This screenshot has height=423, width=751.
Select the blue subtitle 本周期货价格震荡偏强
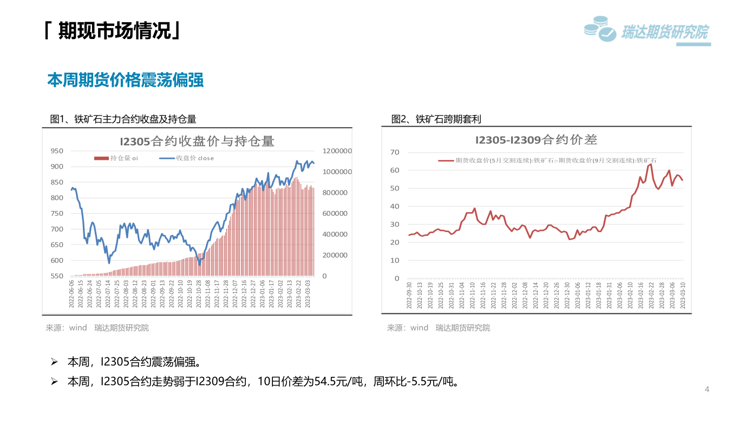point(126,80)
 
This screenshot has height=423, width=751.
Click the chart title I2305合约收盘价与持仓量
point(197,142)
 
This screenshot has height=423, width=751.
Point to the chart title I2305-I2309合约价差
point(536,140)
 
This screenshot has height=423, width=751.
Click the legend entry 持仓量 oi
point(116,158)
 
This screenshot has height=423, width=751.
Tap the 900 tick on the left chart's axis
point(56,166)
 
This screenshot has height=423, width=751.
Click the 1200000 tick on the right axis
point(337,151)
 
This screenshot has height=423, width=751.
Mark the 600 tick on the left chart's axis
point(56,260)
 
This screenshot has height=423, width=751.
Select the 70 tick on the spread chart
point(395,152)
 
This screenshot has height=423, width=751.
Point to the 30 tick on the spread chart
point(395,225)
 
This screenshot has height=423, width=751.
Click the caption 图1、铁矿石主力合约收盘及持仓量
point(123,119)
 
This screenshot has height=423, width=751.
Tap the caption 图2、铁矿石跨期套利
point(436,119)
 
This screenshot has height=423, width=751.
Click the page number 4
point(707,389)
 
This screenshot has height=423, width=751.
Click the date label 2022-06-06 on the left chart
point(71,294)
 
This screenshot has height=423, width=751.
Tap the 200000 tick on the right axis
point(335,255)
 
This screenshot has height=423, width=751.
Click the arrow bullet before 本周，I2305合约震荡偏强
point(54,362)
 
